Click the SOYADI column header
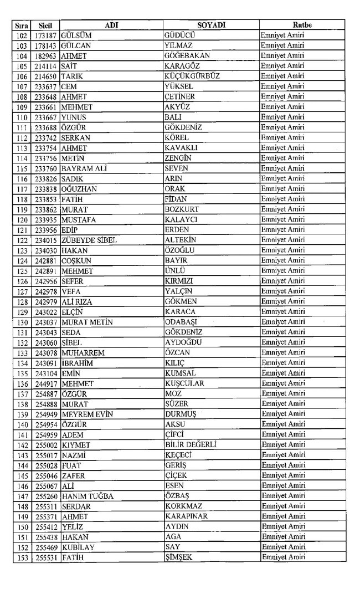pyautogui.click(x=211, y=25)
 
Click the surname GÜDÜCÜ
pyautogui.click(x=181, y=35)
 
